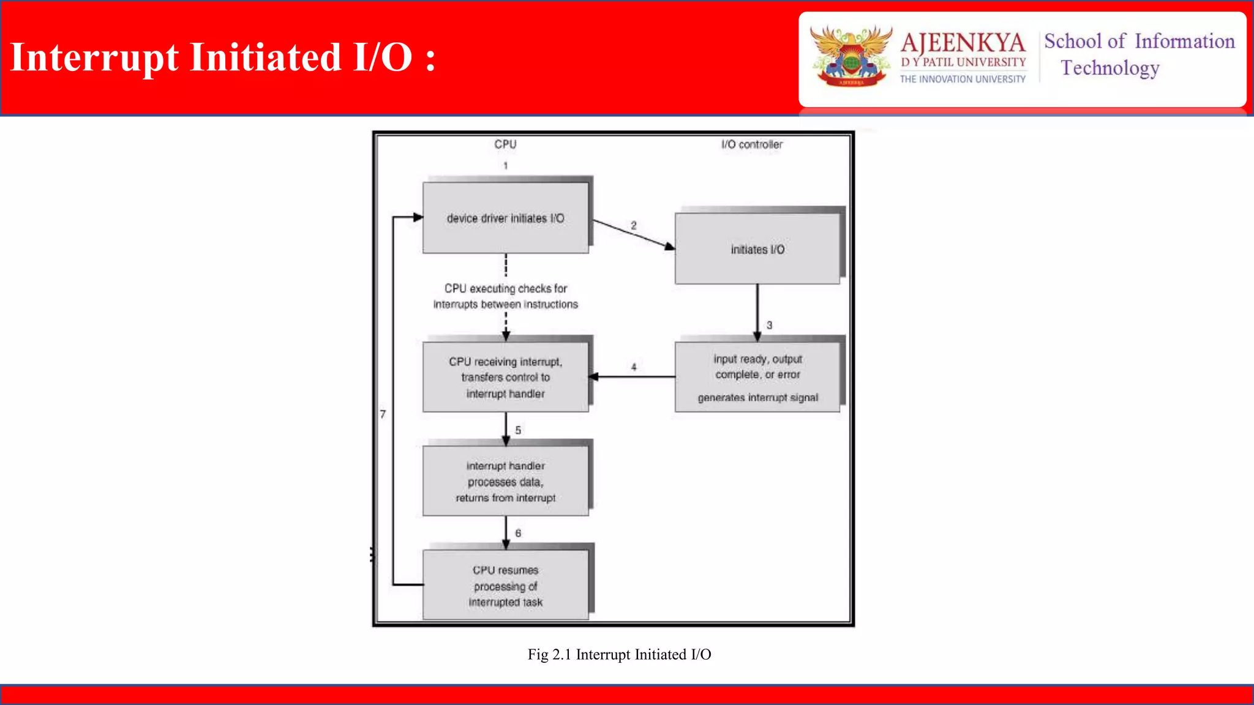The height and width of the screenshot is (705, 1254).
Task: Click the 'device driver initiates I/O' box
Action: [x=505, y=218]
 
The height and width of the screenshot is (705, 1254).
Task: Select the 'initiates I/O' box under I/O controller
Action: [x=757, y=249]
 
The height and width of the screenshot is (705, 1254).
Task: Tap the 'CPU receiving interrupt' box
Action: [x=505, y=377]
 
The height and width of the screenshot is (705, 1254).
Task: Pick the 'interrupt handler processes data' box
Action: [x=505, y=482]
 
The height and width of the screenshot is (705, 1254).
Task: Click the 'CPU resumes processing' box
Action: [x=505, y=586]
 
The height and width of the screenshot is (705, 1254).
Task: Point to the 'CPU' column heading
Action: [x=505, y=144]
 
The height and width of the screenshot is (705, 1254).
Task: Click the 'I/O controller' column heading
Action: [x=751, y=144]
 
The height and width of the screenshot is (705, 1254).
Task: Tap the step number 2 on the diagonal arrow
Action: [x=634, y=225]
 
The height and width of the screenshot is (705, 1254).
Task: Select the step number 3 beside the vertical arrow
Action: [x=770, y=325]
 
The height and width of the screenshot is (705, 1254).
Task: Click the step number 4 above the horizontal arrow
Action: [x=634, y=367]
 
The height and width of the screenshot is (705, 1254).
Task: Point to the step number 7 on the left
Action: [x=383, y=414]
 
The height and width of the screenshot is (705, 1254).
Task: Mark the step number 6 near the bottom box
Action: [x=518, y=533]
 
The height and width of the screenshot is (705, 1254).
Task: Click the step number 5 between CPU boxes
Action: [x=518, y=430]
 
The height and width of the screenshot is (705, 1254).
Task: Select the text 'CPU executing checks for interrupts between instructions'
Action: [x=505, y=296]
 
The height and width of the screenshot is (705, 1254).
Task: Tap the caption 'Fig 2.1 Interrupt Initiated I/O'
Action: [x=619, y=655]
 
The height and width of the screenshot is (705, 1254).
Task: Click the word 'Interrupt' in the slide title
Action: [x=95, y=58]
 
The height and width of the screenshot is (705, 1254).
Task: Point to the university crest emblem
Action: [x=850, y=56]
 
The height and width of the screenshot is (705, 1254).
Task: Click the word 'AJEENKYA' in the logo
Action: [x=963, y=43]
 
